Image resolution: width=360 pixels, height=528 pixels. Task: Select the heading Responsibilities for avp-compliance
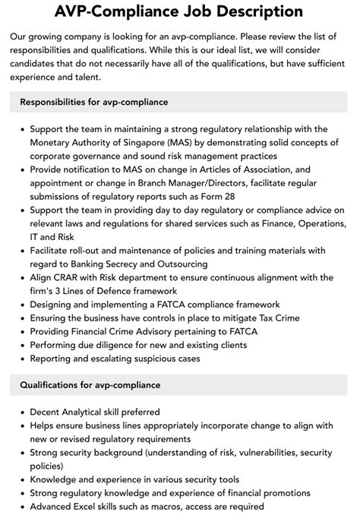click(94, 102)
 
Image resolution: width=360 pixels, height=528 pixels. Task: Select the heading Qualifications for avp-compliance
click(90, 385)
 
